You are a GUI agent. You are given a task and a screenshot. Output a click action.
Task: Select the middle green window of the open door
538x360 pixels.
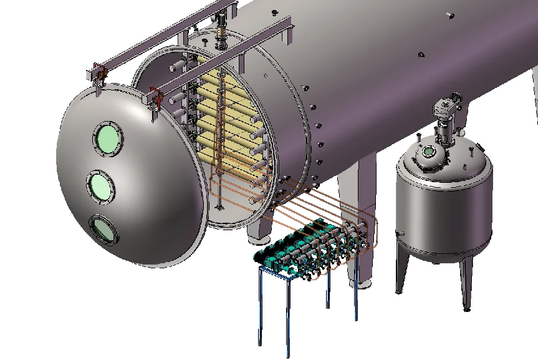click(x=102, y=185)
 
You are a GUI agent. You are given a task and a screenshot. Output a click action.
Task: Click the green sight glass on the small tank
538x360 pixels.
click(x=429, y=152)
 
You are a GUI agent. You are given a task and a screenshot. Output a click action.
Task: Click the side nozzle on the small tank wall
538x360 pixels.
click(x=396, y=235)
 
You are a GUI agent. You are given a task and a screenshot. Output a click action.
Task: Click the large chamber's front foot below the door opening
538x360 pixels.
click(x=256, y=234)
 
